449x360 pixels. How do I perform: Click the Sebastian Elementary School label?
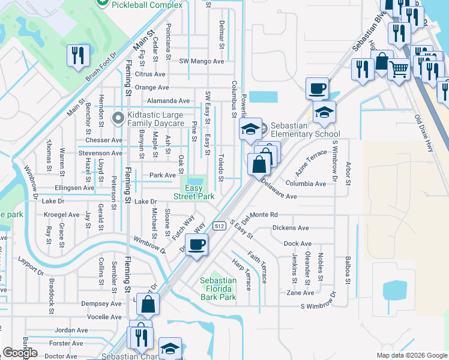[306, 130]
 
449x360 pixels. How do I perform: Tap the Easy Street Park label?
[194, 191]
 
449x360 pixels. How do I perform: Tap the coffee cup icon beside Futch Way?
[196, 245]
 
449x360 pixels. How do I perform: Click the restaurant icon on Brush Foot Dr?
[79, 56]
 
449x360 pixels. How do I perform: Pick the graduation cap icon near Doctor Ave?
[170, 349]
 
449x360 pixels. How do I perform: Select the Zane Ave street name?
[300, 293]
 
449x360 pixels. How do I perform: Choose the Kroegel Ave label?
[61, 214]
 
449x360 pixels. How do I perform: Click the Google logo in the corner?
[20, 353]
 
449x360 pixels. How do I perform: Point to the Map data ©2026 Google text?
[411, 355]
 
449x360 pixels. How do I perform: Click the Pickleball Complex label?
[148, 5]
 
